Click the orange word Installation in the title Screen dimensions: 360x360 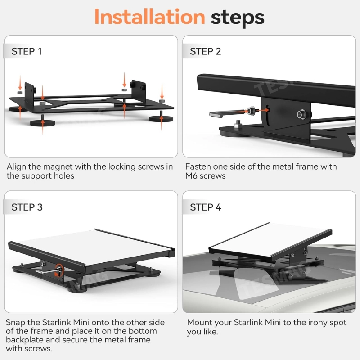[150, 17]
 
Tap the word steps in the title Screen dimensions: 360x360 [238, 18]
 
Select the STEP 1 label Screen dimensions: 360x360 [27, 51]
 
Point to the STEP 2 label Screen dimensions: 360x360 [206, 51]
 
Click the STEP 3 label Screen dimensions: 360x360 [27, 207]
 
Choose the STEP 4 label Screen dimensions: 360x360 [206, 207]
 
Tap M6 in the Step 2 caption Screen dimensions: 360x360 [192, 176]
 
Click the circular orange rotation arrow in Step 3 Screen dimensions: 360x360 [59, 271]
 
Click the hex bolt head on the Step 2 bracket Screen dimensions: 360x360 [301, 114]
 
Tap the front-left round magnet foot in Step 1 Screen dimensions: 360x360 [43, 122]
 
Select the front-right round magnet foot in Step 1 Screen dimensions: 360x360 [161, 118]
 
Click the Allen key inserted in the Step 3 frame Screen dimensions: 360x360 [48, 271]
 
